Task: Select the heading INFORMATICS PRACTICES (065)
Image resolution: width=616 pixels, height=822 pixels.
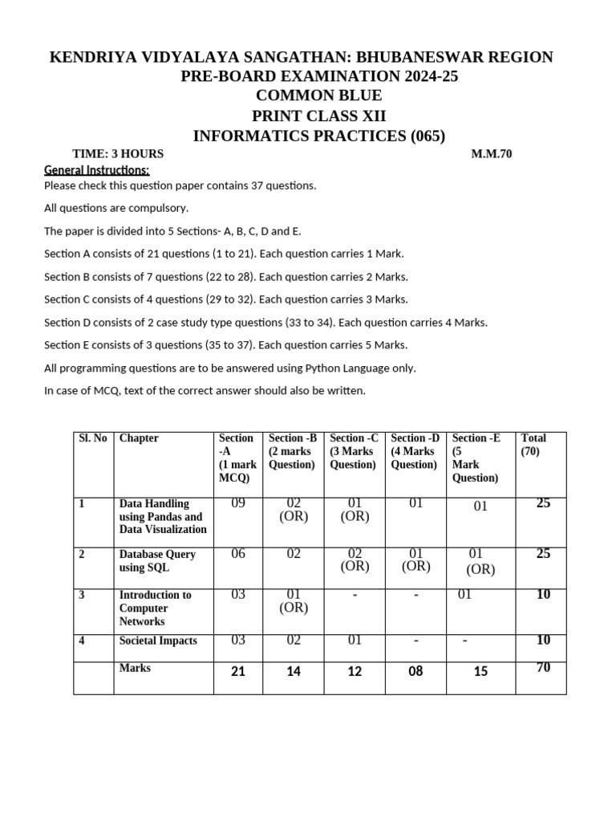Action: click(x=318, y=136)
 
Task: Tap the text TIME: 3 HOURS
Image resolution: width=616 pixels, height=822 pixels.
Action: click(x=118, y=153)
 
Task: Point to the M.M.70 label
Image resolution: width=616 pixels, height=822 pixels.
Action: click(x=491, y=153)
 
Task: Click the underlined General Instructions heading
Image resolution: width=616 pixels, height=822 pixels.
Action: click(x=96, y=170)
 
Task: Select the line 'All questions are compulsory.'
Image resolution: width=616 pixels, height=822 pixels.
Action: click(x=116, y=208)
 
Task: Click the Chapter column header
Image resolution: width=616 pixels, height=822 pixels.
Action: click(x=139, y=438)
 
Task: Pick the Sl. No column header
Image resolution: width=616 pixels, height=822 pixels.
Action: click(x=93, y=438)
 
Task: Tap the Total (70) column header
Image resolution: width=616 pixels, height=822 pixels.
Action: click(x=533, y=445)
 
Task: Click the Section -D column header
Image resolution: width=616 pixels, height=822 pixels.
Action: click(x=415, y=451)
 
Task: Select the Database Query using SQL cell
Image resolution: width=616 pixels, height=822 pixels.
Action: click(x=157, y=561)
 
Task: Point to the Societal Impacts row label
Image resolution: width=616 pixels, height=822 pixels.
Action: click(x=158, y=641)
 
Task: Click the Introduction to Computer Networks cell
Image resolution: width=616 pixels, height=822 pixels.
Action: click(x=155, y=608)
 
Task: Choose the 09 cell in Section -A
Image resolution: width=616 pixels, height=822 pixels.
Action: click(x=237, y=504)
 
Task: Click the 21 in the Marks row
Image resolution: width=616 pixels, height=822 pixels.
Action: click(x=237, y=671)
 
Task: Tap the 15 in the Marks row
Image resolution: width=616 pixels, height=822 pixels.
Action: click(x=480, y=671)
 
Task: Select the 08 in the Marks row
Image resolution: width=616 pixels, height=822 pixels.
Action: click(x=415, y=671)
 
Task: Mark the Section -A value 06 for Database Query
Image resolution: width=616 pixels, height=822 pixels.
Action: click(x=237, y=553)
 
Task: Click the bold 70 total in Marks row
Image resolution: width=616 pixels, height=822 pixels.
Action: click(x=543, y=667)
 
